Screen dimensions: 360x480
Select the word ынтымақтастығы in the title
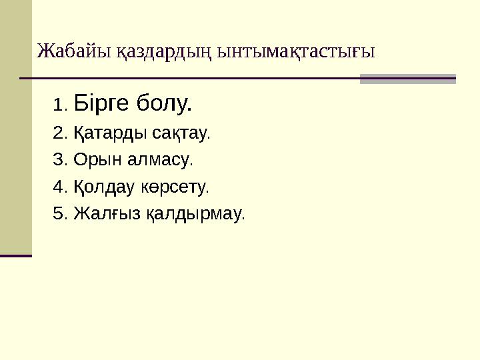[x=297, y=51]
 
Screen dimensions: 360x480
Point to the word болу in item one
[x=164, y=103]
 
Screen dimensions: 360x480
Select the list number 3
[x=58, y=160]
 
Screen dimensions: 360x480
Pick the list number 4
[x=58, y=187]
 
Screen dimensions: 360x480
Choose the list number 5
[x=58, y=214]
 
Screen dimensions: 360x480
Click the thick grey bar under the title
[x=407, y=79]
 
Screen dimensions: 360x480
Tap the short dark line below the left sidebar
[x=16, y=255]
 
